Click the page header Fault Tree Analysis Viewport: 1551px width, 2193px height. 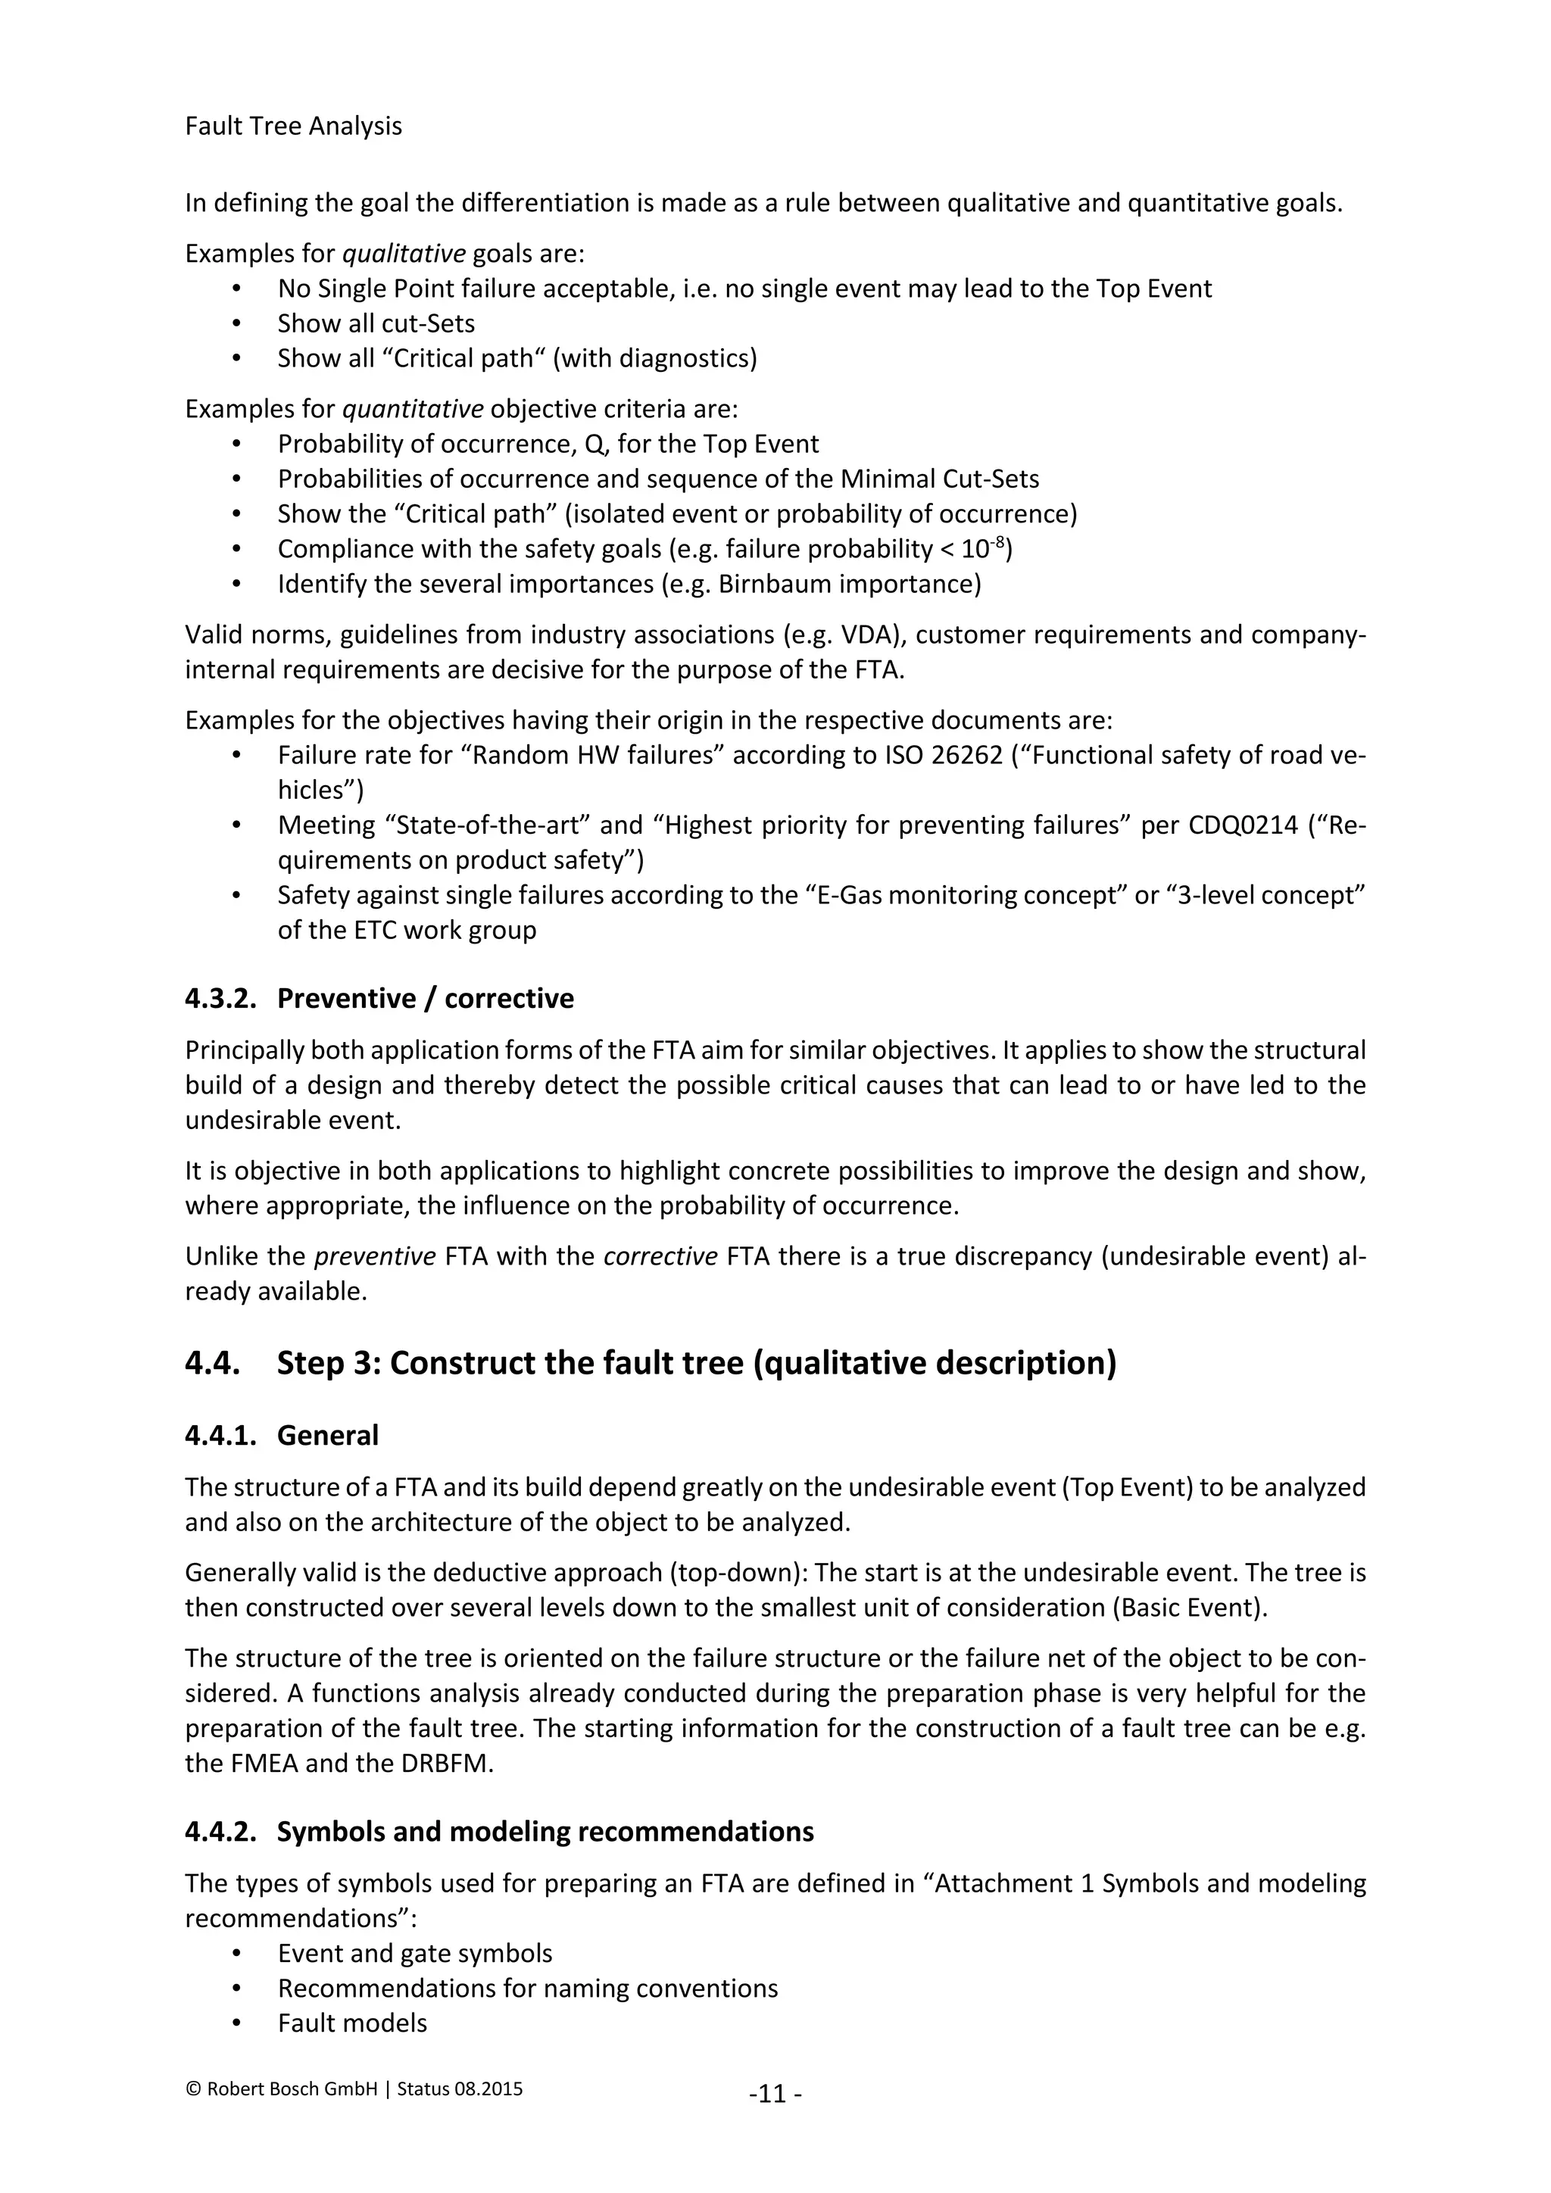(293, 126)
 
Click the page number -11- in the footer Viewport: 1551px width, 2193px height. (775, 2094)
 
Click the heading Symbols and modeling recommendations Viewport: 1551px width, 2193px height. (545, 1831)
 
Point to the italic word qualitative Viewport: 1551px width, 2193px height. (403, 254)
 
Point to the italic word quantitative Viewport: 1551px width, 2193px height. (413, 409)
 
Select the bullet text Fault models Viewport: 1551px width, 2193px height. (352, 2023)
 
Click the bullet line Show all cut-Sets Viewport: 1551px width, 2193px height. (376, 324)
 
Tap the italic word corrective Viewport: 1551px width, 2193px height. (660, 1256)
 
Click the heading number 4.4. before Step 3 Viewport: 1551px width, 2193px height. (212, 1363)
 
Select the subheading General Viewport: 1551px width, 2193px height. (328, 1436)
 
